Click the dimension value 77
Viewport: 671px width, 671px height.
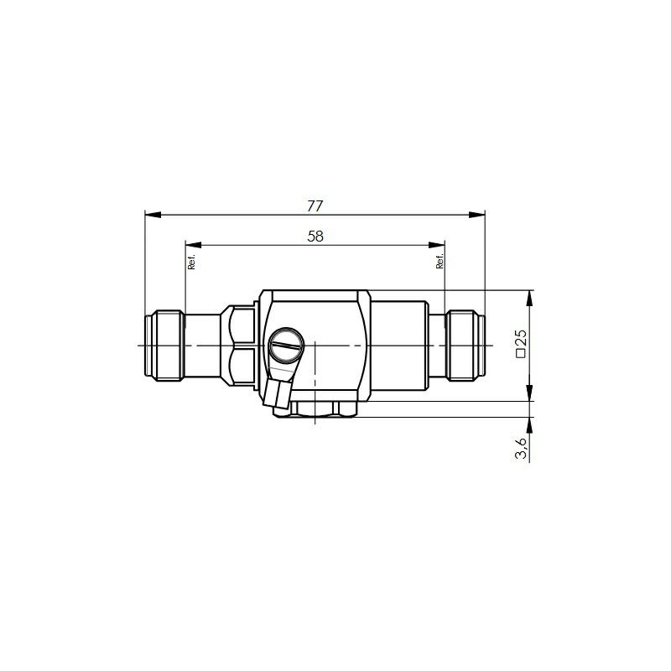tap(315, 206)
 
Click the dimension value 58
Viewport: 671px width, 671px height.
tap(315, 237)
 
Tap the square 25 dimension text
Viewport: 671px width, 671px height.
tap(522, 343)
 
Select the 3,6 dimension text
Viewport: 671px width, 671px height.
tap(522, 448)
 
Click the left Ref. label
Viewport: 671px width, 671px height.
tap(191, 261)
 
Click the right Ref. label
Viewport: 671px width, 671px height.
tap(440, 261)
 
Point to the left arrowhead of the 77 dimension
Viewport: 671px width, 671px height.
tap(153, 215)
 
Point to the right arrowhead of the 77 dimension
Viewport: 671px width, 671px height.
tap(477, 215)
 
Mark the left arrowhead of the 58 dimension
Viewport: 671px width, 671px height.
tap(194, 245)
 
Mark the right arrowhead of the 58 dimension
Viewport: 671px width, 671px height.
tap(437, 245)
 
